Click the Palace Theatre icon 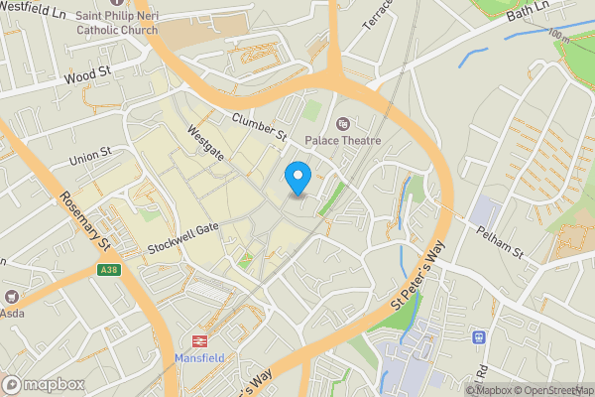pyautogui.click(x=343, y=124)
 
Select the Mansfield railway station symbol pyautogui.click(x=198, y=339)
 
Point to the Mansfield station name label pyautogui.click(x=200, y=357)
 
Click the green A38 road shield pyautogui.click(x=110, y=269)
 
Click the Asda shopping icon pyautogui.click(x=12, y=297)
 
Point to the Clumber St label pyautogui.click(x=259, y=127)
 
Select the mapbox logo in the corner pyautogui.click(x=43, y=384)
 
